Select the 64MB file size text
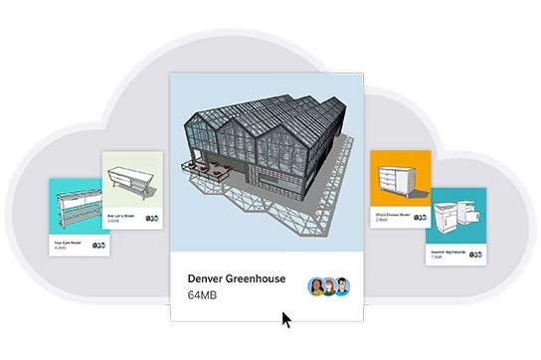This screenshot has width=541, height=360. pos(203,295)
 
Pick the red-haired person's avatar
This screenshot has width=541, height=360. pos(329,286)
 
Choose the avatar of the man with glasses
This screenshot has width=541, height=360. pos(342,286)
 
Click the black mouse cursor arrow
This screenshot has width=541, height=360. pos(286,320)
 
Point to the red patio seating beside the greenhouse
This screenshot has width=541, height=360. pos(203,169)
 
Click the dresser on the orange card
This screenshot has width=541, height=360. pos(398,180)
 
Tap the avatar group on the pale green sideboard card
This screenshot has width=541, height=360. pos(151,218)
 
